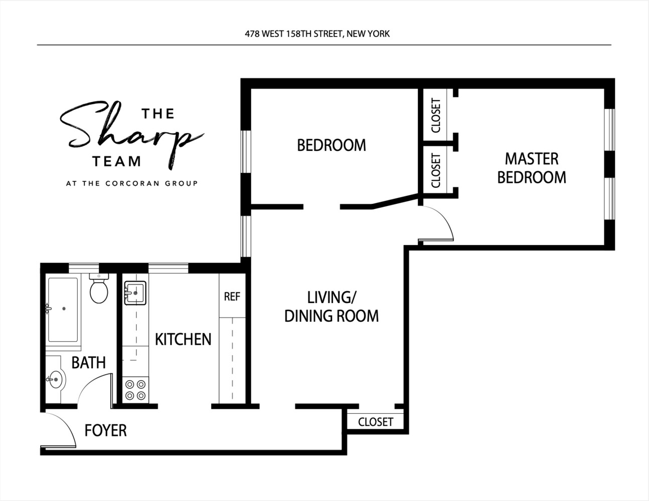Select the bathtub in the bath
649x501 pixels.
[x=63, y=309]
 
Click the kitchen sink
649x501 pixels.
[x=135, y=293]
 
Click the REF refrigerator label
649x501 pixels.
[x=232, y=297]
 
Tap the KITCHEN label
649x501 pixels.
[x=183, y=339]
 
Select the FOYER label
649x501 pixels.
[x=105, y=430]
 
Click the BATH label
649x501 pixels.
[x=88, y=362]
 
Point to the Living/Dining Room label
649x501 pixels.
[x=331, y=307]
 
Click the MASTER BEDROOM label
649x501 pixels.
[x=532, y=168]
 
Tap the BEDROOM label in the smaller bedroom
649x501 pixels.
[x=331, y=145]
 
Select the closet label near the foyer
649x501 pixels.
[x=375, y=422]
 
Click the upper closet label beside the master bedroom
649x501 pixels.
[x=436, y=116]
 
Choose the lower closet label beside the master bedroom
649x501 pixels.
[x=436, y=171]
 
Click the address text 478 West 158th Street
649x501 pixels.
[x=317, y=34]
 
